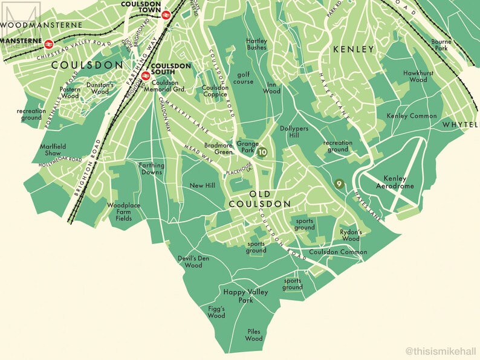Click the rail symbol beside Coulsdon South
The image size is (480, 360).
point(145,76)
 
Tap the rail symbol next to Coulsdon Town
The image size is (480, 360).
point(166,17)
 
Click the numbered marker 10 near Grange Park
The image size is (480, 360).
point(262,153)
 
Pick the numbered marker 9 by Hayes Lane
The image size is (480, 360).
point(339,184)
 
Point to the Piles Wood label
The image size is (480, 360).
point(255,335)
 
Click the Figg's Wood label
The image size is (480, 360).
point(216,312)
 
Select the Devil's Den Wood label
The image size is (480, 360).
point(193,262)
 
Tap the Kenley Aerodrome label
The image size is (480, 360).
point(400,182)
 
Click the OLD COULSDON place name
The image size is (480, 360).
point(260,199)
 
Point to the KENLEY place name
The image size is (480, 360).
point(353,50)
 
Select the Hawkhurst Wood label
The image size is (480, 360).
point(415,76)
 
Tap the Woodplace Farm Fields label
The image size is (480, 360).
point(123,211)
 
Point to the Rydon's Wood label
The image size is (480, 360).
point(351,235)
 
